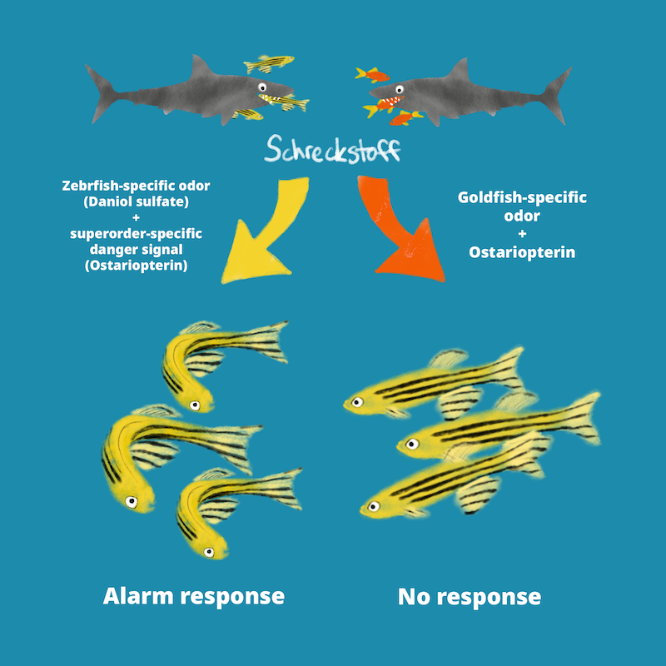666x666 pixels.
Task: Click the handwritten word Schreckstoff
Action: click(x=332, y=150)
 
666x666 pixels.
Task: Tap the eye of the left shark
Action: click(x=262, y=87)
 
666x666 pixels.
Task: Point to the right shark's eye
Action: click(x=400, y=89)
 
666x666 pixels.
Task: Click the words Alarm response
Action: click(x=194, y=596)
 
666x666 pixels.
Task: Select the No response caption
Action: click(x=470, y=596)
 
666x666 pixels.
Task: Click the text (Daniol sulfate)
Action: click(x=137, y=201)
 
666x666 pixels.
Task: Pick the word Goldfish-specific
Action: click(x=522, y=197)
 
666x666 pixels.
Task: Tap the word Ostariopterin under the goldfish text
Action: click(x=522, y=252)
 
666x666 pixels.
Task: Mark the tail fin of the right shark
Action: click(x=556, y=95)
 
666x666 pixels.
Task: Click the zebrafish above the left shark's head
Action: click(x=268, y=63)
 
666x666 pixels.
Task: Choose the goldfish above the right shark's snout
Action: click(x=372, y=75)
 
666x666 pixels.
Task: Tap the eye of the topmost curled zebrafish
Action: click(x=195, y=405)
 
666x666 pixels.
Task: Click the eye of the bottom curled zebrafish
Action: click(x=209, y=552)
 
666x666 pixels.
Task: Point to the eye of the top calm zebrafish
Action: click(x=357, y=402)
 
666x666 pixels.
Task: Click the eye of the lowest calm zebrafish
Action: click(x=374, y=506)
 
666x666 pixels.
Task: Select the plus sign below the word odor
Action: click(x=522, y=234)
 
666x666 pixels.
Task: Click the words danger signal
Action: click(x=137, y=249)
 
